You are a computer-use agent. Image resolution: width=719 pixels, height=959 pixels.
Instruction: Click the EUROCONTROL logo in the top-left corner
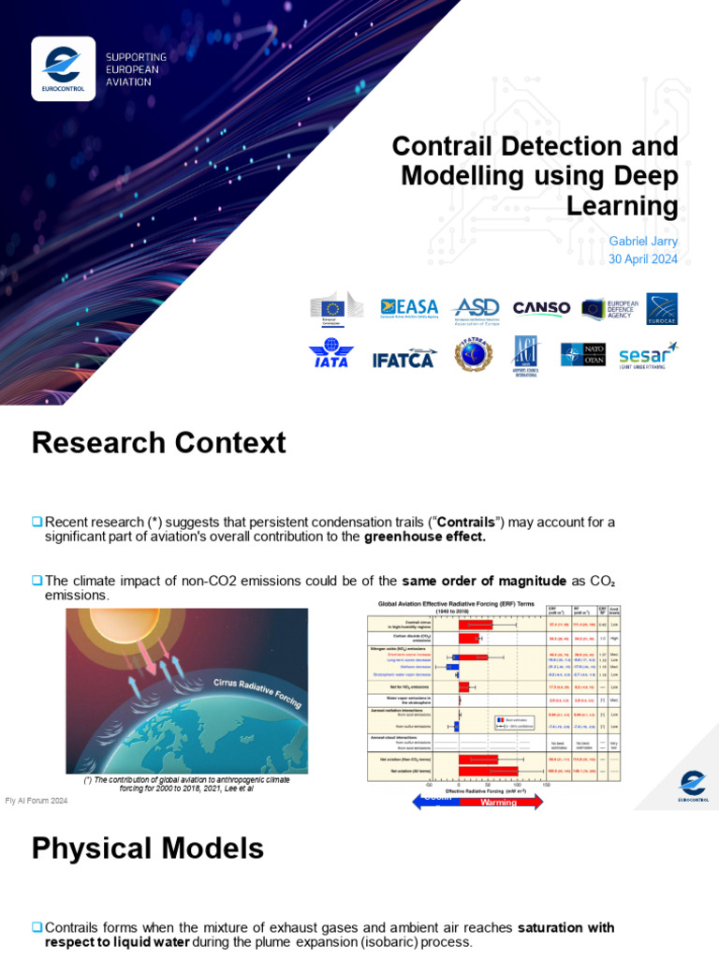63,67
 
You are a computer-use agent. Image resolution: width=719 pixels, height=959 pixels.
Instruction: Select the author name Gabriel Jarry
643,241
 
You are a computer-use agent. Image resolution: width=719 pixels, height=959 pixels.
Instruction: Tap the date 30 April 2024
643,259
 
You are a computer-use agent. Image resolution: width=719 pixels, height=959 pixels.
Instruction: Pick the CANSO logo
541,307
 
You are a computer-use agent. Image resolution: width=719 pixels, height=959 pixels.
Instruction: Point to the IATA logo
331,355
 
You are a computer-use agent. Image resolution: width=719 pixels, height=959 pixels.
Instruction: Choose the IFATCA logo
404,357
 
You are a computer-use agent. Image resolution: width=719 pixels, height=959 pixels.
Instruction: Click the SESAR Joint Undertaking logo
648,355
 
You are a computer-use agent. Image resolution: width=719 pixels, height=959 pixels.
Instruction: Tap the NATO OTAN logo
582,354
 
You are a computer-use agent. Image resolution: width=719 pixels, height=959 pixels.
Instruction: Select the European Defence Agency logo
609,308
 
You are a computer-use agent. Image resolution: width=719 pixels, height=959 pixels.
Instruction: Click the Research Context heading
158,442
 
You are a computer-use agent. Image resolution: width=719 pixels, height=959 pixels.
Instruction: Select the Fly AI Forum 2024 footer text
37,801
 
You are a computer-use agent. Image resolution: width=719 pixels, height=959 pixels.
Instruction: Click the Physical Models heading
147,848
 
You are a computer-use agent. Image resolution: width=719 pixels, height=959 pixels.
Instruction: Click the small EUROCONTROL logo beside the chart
692,786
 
